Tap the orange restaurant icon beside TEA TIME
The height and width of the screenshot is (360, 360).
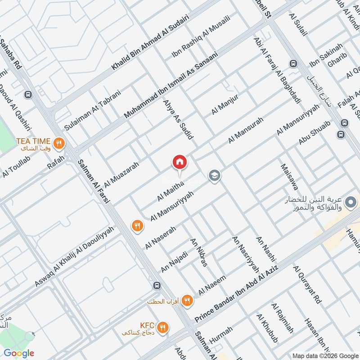[x=58, y=144]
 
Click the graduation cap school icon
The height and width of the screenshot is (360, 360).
[x=214, y=175]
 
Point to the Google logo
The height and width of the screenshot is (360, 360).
[x=19, y=353]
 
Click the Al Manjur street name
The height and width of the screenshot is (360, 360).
[x=225, y=105]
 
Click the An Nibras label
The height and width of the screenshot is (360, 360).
[x=199, y=252]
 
